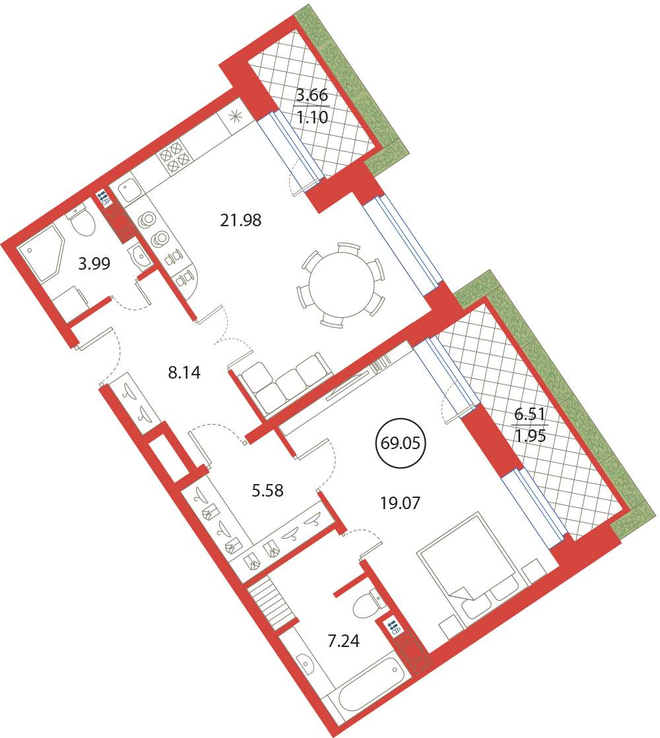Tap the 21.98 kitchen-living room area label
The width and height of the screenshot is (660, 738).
click(241, 220)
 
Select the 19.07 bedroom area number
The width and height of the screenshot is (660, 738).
click(400, 503)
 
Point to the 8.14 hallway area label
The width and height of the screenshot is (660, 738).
click(184, 373)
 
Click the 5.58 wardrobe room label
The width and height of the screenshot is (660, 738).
click(267, 491)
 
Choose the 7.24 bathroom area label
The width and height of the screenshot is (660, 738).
click(343, 640)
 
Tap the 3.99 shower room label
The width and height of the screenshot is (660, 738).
click(94, 264)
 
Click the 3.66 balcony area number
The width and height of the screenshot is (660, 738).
click(312, 96)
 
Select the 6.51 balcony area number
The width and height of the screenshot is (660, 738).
click(529, 415)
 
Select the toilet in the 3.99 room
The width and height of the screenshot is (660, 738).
click(82, 222)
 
